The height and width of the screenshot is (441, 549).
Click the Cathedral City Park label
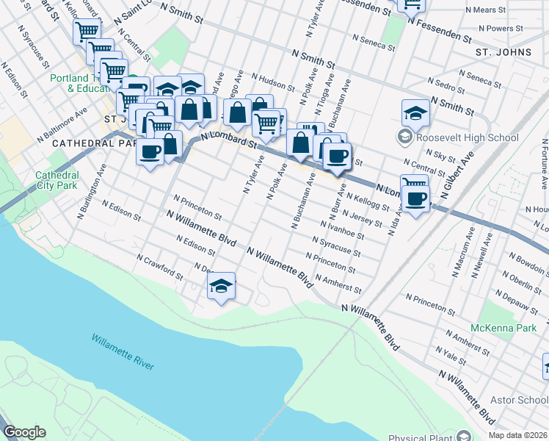(x=57, y=180)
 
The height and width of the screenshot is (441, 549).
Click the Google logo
(x=23, y=432)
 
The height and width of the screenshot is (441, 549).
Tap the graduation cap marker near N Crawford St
(x=221, y=287)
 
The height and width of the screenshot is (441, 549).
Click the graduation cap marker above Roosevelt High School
(x=415, y=113)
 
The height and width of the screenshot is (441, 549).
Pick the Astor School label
(x=522, y=400)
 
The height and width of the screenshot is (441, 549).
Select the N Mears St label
(x=486, y=10)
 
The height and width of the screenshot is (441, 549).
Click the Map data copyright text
(x=518, y=435)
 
